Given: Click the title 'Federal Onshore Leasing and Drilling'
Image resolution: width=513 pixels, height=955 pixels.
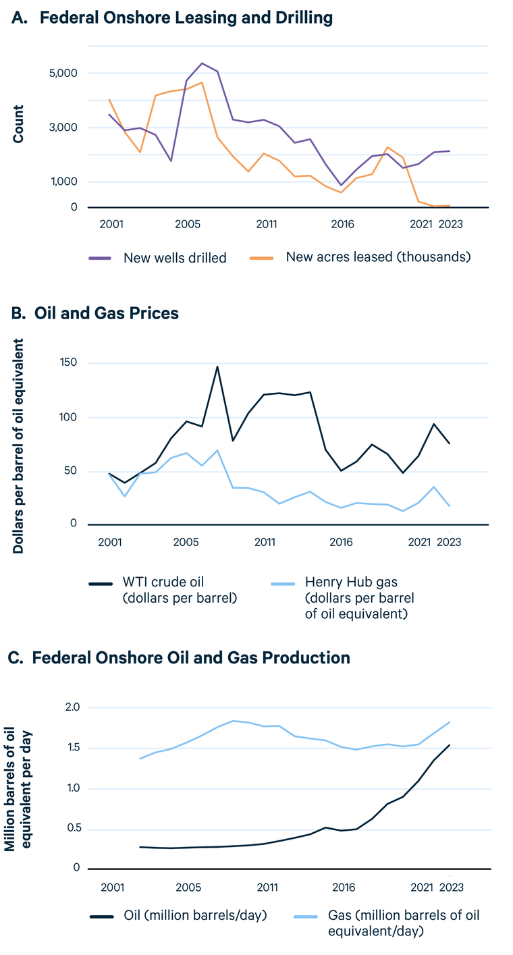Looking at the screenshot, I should point(186,18).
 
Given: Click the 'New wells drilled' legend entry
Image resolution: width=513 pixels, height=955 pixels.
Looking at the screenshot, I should point(174,257).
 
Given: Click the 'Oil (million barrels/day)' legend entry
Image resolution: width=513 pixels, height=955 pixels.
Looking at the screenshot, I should point(196,915).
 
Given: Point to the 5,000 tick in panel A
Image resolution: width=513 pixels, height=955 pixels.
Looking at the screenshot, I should point(63,73).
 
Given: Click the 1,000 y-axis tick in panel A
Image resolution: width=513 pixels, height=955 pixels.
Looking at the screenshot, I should point(63,182).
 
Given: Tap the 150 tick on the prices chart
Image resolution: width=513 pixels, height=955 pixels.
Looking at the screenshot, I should point(67,363).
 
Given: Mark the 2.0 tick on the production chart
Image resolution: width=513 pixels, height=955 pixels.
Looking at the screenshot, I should point(72,707).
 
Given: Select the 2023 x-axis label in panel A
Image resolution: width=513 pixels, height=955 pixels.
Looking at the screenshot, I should point(450,224).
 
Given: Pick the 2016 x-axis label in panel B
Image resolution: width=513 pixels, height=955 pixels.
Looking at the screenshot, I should point(342,541).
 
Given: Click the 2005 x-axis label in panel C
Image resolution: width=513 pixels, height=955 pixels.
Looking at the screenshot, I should point(188,885).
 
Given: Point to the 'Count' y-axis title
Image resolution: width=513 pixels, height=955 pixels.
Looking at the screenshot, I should point(18,124).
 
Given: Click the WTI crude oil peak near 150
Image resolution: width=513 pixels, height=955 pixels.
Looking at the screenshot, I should point(217,366).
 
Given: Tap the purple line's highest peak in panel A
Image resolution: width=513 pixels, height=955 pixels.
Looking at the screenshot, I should point(202,63).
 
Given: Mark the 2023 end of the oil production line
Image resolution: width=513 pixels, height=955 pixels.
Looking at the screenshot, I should point(450,745).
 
